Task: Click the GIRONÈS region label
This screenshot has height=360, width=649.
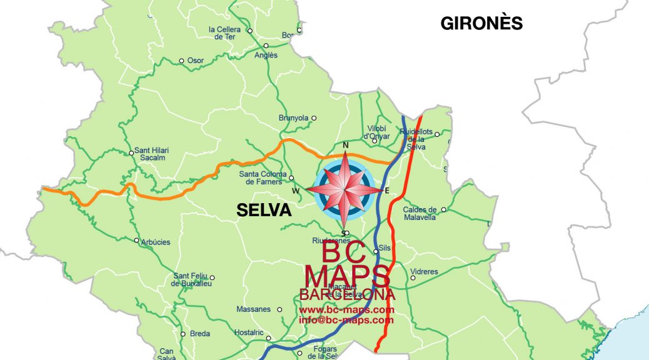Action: tap(481, 23)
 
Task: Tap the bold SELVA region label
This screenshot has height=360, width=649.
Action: tap(264, 211)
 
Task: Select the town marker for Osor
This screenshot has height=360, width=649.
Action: tap(182, 61)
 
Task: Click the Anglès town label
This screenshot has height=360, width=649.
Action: tap(266, 55)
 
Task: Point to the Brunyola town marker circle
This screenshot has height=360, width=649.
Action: tap(314, 117)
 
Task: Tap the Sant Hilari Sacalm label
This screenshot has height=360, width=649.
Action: tap(153, 154)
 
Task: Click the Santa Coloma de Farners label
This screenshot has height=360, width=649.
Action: tap(262, 178)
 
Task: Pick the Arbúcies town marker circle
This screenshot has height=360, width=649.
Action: tap(136, 240)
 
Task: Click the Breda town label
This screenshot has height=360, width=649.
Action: tap(200, 334)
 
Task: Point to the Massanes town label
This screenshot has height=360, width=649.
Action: tap(253, 309)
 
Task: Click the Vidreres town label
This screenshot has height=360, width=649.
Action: tap(424, 272)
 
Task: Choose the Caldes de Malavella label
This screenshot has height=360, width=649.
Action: tap(420, 214)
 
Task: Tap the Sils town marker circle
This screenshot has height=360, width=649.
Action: tap(376, 252)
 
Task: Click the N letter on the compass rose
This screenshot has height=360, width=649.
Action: tap(345, 146)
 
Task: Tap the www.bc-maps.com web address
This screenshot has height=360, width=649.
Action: tap(346, 310)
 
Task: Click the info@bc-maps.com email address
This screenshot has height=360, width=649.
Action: tap(346, 320)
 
